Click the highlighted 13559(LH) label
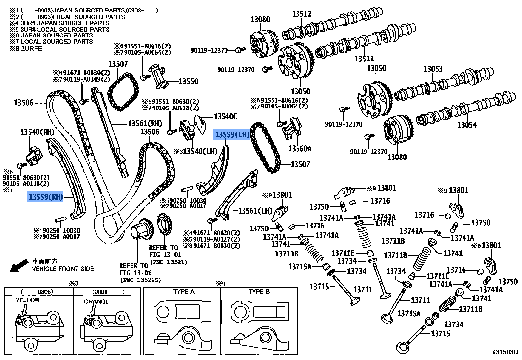pyautogui.click(x=232, y=134)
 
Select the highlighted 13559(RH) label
pyautogui.click(x=45, y=197)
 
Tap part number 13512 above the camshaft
pyautogui.click(x=301, y=14)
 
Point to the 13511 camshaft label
pyautogui.click(x=364, y=59)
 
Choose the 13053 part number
pyautogui.click(x=433, y=69)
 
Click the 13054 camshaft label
pyautogui.click(x=467, y=125)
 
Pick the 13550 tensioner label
pyautogui.click(x=188, y=82)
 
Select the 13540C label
pyautogui.click(x=225, y=117)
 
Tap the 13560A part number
pyautogui.click(x=299, y=149)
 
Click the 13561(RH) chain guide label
pyautogui.click(x=145, y=124)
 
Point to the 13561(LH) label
pyautogui.click(x=255, y=211)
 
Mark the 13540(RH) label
pyautogui.click(x=37, y=132)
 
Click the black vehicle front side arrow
pyautogui.click(x=18, y=265)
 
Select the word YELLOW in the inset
pyautogui.click(x=28, y=300)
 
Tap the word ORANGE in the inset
pyautogui.click(x=96, y=301)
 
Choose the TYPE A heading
pyautogui.click(x=184, y=292)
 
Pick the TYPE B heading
pyautogui.click(x=259, y=292)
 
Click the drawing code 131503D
pyautogui.click(x=505, y=352)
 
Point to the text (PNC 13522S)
pyautogui.click(x=141, y=280)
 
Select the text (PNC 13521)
pyautogui.click(x=169, y=262)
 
